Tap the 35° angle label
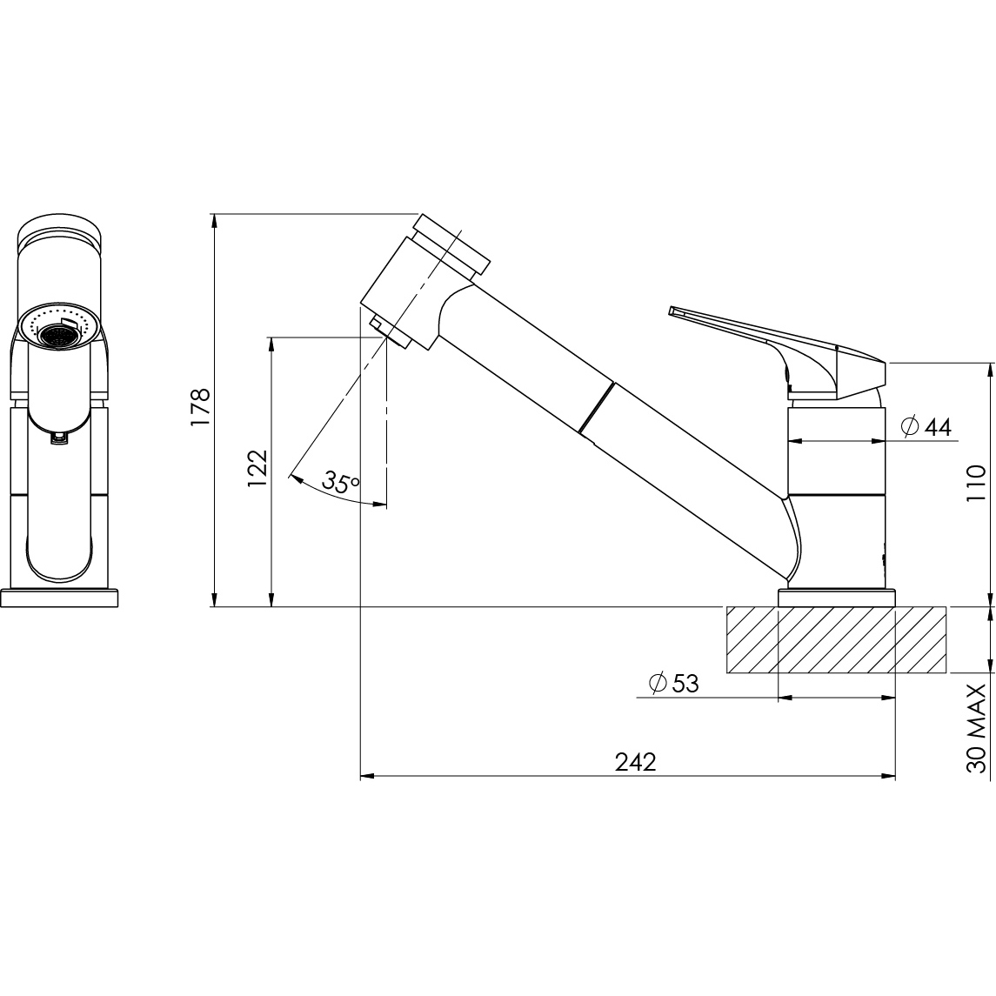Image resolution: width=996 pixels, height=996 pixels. coord(341,481)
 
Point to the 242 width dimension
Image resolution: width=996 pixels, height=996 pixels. coord(635,762)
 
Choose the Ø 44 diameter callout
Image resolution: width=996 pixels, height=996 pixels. coord(926,427)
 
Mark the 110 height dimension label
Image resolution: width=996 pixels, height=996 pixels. coord(976,484)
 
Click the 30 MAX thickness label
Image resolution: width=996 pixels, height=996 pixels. coord(976,728)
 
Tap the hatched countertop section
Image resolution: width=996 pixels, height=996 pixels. coord(836,639)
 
